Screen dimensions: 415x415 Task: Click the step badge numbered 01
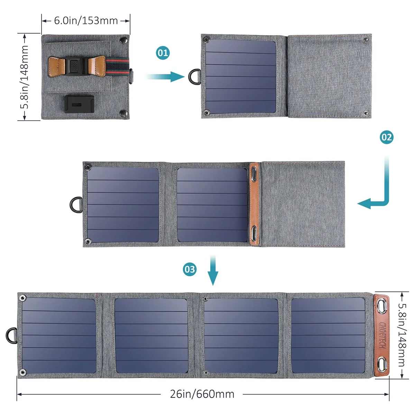[163, 53]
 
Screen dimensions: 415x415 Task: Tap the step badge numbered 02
[387, 137]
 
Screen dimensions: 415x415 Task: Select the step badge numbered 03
[190, 269]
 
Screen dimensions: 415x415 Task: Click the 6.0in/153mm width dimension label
[86, 20]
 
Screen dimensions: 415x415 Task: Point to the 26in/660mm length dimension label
[202, 394]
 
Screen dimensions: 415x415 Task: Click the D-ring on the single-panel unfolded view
[194, 77]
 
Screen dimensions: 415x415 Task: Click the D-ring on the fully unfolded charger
[11, 335]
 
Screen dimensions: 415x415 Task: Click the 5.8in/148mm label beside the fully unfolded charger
[402, 335]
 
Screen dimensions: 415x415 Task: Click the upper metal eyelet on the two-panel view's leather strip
[254, 173]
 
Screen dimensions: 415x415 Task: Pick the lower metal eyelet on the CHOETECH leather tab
[382, 365]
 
